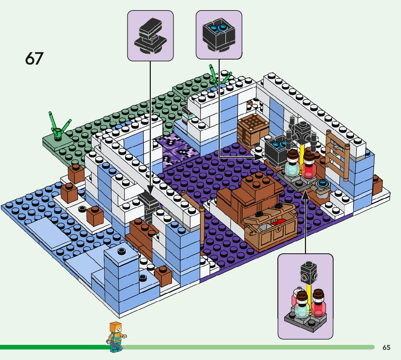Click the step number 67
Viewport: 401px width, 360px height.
pos(34,58)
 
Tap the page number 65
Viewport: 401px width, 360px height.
pos(386,348)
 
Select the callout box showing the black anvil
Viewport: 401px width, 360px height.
pos(150,36)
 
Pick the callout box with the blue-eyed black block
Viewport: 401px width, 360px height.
pos(219,34)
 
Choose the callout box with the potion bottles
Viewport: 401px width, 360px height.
pos(305,296)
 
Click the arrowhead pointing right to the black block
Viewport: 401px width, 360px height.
pos(260,157)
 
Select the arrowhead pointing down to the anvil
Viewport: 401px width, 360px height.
pos(150,188)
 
